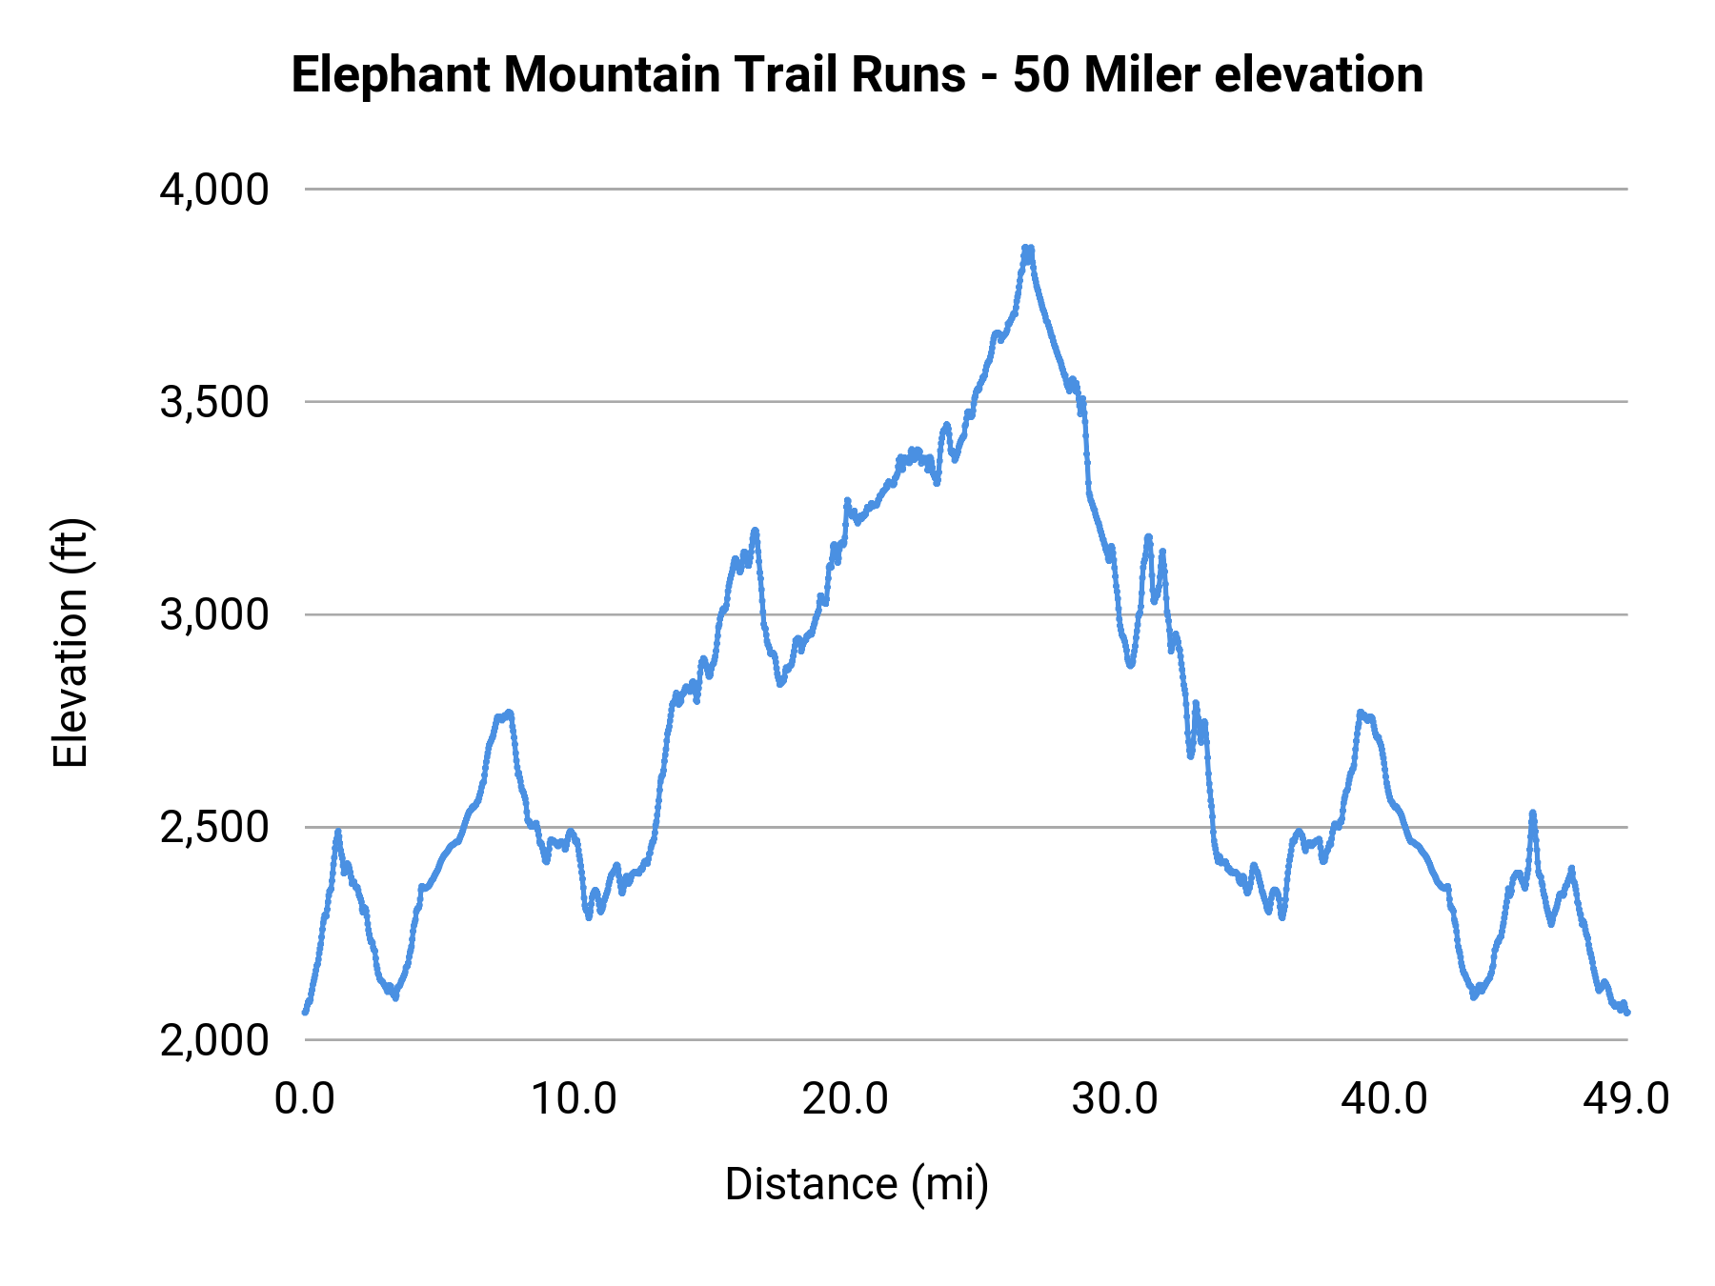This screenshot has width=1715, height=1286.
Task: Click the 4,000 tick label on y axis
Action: click(214, 190)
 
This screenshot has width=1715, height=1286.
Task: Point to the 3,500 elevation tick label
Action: click(214, 402)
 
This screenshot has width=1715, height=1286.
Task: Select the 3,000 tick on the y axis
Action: click(214, 614)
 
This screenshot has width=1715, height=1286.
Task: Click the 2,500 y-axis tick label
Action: click(214, 827)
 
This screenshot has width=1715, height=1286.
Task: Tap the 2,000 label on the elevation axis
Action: click(214, 1040)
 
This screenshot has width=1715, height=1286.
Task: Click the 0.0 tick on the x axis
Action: click(305, 1099)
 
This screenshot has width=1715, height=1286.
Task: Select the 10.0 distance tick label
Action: click(574, 1099)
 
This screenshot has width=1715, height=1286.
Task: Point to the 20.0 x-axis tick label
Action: click(844, 1099)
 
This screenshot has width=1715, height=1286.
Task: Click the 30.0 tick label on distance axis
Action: click(1114, 1099)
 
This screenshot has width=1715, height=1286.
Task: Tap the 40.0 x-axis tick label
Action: click(1383, 1099)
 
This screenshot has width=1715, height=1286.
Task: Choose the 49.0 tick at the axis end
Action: click(1625, 1099)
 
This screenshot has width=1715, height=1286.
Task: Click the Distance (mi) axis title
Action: click(857, 1184)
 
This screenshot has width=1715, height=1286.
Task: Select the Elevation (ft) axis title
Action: click(71, 643)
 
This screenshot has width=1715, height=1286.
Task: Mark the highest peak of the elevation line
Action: click(1027, 249)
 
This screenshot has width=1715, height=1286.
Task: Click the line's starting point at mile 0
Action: click(306, 1011)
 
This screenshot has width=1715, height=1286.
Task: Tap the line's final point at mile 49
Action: click(1626, 1012)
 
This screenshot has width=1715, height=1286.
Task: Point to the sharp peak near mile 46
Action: click(1532, 813)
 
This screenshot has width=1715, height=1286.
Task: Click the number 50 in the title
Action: click(1040, 74)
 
